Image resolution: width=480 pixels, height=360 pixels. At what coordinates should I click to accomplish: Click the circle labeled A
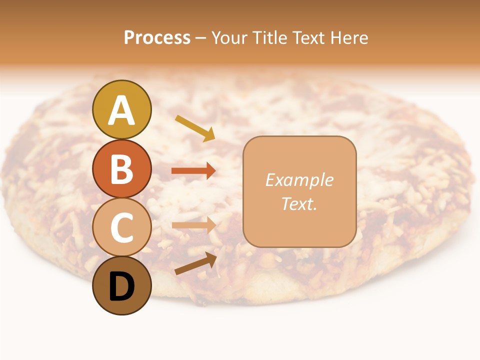(x=121, y=109)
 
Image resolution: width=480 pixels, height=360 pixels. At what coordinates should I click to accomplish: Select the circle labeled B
(x=121, y=168)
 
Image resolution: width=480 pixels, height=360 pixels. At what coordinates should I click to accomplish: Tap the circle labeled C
(x=121, y=227)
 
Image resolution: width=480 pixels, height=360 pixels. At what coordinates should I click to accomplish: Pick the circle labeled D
(x=121, y=286)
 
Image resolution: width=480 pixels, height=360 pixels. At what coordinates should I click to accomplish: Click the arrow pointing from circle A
(x=195, y=128)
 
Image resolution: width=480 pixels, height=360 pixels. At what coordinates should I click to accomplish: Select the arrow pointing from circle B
(x=193, y=171)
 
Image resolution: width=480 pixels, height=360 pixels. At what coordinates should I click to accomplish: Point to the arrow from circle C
(x=193, y=225)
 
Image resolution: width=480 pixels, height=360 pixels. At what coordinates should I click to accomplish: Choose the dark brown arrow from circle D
(x=195, y=263)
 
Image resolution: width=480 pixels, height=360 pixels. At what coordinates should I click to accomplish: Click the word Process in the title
(x=157, y=38)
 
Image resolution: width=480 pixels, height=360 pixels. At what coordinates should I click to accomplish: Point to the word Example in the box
(x=299, y=180)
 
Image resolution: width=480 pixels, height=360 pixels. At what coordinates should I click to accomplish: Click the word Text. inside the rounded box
(x=299, y=203)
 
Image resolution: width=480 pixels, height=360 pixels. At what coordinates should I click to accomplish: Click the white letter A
(x=121, y=110)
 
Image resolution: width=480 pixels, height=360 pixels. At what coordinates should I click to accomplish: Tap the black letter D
(x=121, y=287)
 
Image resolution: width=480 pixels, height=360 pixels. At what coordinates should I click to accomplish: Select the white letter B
(x=121, y=169)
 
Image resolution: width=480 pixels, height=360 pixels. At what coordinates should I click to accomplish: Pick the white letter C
(x=121, y=228)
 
